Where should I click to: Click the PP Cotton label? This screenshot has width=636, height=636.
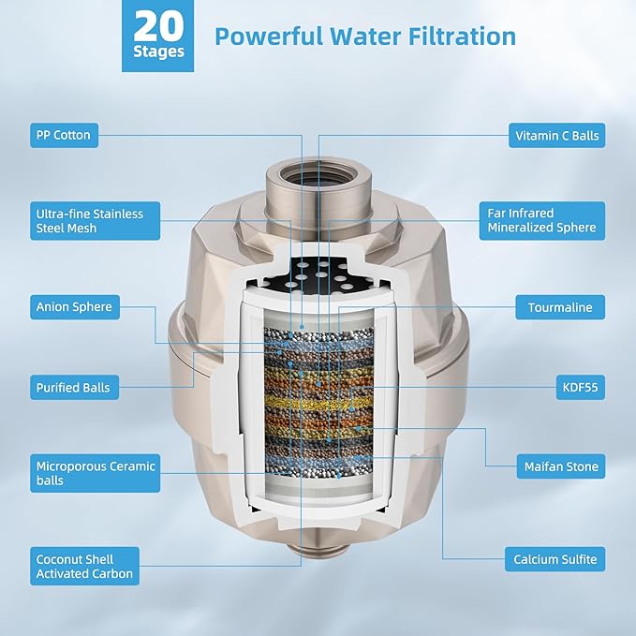point(64,135)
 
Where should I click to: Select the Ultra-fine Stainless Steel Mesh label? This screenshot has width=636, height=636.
point(95,221)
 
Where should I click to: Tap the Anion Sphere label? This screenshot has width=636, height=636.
point(75,307)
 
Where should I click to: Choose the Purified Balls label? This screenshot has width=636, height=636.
point(74,388)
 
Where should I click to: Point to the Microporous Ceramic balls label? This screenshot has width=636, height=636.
point(95,473)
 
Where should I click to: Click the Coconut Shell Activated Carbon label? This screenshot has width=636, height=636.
point(85,567)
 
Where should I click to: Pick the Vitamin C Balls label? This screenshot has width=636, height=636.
point(557,136)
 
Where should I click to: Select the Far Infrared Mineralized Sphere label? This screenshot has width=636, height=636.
point(542,221)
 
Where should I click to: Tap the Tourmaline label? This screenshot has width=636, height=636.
point(560,307)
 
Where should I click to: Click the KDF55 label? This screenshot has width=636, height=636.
point(581,388)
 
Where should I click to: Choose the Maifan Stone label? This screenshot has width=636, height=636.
point(561,466)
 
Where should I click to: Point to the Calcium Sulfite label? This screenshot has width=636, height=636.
point(555,559)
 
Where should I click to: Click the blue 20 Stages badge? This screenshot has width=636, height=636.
point(157,37)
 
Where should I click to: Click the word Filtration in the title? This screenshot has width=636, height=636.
point(462,37)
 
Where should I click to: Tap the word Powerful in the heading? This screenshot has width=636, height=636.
point(270,37)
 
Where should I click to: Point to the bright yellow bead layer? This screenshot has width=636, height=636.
point(318,403)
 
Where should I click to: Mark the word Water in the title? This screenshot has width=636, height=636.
point(366,37)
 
